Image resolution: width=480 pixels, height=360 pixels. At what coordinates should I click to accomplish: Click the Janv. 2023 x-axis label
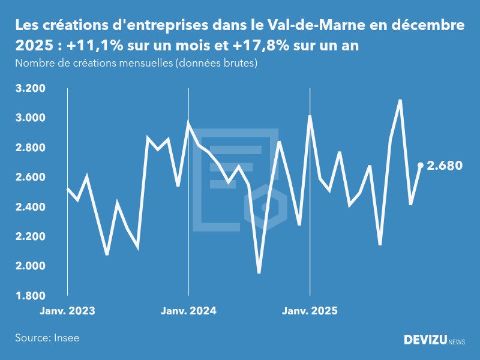67,311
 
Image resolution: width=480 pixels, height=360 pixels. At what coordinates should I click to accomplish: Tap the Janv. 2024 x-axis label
188,311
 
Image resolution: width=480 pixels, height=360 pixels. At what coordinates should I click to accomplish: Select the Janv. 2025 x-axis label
310,311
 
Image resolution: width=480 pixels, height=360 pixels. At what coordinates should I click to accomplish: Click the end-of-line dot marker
421,165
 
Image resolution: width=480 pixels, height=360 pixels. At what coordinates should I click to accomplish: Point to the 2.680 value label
445,166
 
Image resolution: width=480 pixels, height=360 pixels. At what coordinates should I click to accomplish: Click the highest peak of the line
400,100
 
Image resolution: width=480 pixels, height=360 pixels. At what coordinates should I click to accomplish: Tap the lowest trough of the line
259,272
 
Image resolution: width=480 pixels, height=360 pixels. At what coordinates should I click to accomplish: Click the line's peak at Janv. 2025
310,116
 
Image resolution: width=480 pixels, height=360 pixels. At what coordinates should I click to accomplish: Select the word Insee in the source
67,338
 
